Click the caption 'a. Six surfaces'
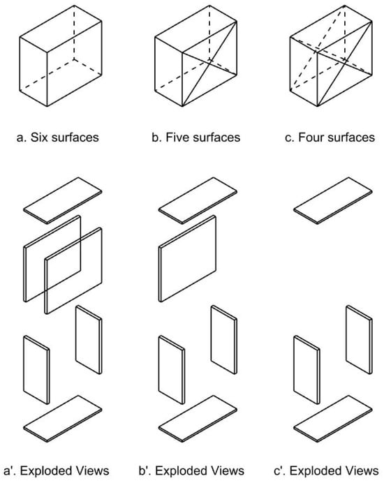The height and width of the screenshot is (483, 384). (x=58, y=138)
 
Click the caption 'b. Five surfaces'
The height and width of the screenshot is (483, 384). (x=195, y=138)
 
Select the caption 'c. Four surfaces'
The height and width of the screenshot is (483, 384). (x=330, y=138)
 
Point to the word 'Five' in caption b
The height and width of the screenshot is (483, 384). (x=177, y=138)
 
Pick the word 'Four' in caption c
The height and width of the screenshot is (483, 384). (x=311, y=138)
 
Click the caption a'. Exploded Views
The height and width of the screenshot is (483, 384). (x=57, y=470)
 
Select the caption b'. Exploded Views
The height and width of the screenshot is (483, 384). (x=191, y=470)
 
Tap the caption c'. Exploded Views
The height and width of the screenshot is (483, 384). (x=326, y=470)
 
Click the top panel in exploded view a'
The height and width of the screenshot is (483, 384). (x=63, y=200)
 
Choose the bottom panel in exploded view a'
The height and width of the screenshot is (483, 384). (x=63, y=419)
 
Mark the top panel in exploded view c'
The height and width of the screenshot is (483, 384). (x=333, y=200)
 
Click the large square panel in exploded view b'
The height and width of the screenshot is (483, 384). (x=187, y=259)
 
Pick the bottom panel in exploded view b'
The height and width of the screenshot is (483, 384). (x=198, y=419)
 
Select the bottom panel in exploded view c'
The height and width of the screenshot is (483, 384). (x=333, y=419)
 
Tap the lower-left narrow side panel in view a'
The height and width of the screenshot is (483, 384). (x=36, y=370)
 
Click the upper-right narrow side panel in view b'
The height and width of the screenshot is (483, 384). (x=224, y=339)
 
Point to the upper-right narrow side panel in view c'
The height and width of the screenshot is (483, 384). (x=359, y=339)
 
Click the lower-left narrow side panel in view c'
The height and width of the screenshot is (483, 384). (x=307, y=370)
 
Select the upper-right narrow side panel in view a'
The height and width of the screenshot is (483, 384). (x=89, y=339)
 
